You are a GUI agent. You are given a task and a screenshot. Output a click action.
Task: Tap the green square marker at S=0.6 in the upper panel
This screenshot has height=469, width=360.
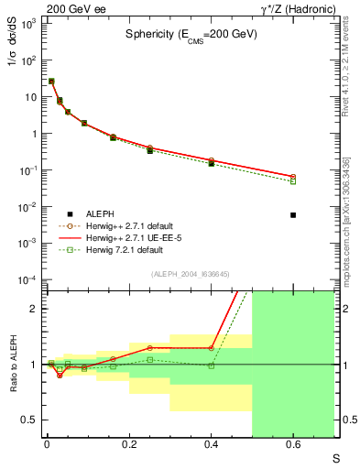point(293,181)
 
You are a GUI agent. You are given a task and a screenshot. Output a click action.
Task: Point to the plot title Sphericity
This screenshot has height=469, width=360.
point(191,34)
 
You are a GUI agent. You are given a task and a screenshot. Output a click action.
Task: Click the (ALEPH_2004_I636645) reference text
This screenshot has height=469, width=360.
point(191,274)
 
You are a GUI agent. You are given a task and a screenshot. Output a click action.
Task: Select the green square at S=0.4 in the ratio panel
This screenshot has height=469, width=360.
point(211,365)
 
